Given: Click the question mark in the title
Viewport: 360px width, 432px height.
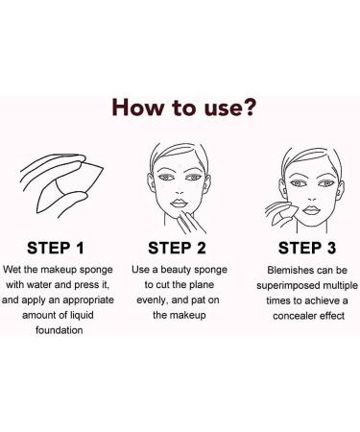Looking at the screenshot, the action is pyautogui.click(x=248, y=107).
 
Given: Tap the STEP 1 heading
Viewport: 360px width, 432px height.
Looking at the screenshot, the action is pyautogui.click(x=56, y=248).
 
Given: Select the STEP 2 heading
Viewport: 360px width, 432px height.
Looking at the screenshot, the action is pyautogui.click(x=177, y=248).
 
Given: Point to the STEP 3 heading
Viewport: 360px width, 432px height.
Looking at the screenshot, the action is pyautogui.click(x=307, y=248).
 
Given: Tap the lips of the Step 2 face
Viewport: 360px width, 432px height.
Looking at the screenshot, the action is pyautogui.click(x=180, y=204).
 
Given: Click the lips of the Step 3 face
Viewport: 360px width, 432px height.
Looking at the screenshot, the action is pyautogui.click(x=311, y=210).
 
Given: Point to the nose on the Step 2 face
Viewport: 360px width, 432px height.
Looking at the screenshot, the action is pyautogui.click(x=180, y=191).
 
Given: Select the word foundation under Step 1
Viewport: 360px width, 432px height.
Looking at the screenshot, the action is pyautogui.click(x=60, y=330).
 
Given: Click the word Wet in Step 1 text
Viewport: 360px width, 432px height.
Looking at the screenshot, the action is pyautogui.click(x=12, y=270).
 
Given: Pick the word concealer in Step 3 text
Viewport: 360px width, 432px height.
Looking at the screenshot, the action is pyautogui.click(x=295, y=316).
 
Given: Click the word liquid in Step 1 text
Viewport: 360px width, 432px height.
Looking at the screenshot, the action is pyautogui.click(x=82, y=315).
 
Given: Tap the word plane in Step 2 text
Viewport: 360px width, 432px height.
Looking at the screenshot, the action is pyautogui.click(x=202, y=285).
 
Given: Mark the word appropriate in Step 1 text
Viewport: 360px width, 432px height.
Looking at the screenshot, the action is pyautogui.click(x=88, y=300).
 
